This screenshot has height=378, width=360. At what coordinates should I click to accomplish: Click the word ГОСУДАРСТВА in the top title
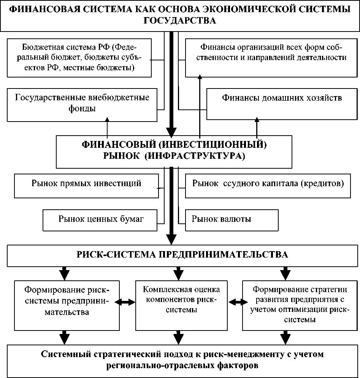click(180, 21)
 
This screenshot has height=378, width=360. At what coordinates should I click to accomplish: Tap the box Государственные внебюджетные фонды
click(82, 103)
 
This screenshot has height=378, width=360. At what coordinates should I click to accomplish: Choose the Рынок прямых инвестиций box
click(86, 184)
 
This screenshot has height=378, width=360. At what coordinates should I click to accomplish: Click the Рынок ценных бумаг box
click(100, 219)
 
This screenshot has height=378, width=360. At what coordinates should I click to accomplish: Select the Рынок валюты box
click(232, 219)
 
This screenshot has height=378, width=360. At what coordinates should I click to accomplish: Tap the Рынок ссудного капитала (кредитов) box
click(268, 184)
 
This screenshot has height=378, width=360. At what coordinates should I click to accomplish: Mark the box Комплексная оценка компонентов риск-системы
click(181, 299)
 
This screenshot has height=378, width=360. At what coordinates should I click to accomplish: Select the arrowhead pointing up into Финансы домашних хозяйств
click(257, 120)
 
